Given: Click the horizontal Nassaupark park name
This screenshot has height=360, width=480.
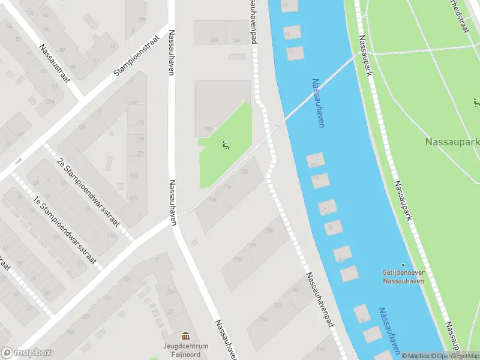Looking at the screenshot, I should click(452, 143).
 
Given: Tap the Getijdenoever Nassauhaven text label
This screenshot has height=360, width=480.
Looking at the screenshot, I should click(403, 275).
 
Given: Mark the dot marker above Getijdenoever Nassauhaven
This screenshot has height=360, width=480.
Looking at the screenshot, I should click(403, 265).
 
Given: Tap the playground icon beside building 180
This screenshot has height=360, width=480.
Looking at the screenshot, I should click(225, 145).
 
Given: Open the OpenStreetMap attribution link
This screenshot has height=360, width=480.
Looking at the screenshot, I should click(454, 356).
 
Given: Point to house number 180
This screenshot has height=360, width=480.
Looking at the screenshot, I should click(208, 129).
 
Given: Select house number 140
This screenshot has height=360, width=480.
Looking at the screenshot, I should click(214, 40).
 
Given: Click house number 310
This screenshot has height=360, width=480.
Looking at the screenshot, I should click(263, 319).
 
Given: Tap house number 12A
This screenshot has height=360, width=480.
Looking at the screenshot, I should click(82, 127).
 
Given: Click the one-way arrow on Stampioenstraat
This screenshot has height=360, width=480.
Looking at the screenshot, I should click(19, 161).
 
